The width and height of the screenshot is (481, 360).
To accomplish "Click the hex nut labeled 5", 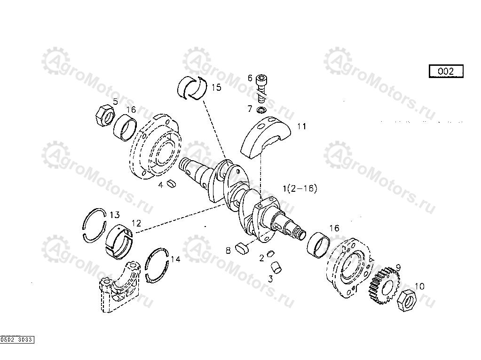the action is point(104,115).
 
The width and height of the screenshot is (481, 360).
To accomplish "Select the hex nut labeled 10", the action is point(406,301).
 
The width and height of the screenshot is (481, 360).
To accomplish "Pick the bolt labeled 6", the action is point(261,88).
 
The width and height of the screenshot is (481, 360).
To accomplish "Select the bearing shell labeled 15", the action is point(192,88).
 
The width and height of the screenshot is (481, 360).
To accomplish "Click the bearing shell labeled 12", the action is point(118,241).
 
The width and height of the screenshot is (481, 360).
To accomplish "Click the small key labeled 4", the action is point(172,184).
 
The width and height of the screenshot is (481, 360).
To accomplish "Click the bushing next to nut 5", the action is point(125,127).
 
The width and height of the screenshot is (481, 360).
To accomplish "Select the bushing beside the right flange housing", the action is point(319,245).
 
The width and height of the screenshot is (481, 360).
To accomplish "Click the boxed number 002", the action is point(446,71).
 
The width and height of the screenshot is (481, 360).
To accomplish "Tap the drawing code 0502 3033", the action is point(17,339).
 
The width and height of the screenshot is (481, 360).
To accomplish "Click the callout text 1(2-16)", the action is point(300,188).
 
